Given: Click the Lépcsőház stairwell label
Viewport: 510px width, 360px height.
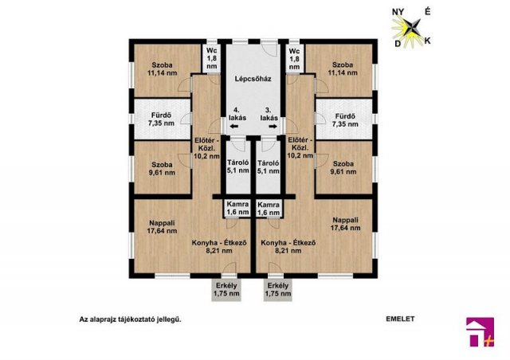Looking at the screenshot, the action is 253,79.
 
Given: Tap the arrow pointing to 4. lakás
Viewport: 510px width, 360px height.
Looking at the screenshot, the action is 233,127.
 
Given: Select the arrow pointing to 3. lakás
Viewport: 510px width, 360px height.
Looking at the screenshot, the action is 273,127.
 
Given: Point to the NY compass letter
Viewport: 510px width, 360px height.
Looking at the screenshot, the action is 398,12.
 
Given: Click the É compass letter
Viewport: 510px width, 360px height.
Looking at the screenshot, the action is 428,11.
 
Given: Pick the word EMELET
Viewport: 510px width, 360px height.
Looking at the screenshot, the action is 400,319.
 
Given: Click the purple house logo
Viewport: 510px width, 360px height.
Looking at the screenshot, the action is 480,332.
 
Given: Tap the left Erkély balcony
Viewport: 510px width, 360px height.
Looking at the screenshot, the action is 226,289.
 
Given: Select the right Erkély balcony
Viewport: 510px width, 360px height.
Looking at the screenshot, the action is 278,289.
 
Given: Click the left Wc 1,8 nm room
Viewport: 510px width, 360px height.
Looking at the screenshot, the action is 212,58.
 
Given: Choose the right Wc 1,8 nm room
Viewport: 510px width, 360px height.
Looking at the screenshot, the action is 294,58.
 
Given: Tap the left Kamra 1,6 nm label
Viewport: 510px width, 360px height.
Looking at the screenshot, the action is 237,208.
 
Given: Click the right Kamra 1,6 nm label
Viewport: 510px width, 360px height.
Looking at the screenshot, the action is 269,209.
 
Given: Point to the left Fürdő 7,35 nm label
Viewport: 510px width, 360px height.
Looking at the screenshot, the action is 161,119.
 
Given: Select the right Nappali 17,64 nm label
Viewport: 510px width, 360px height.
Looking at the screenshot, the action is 345,224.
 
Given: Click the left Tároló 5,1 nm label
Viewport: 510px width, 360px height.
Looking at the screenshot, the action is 238,166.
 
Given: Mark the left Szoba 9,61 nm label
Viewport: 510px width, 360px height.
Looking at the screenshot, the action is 162,169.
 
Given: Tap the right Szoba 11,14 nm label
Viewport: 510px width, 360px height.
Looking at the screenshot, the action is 343,68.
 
